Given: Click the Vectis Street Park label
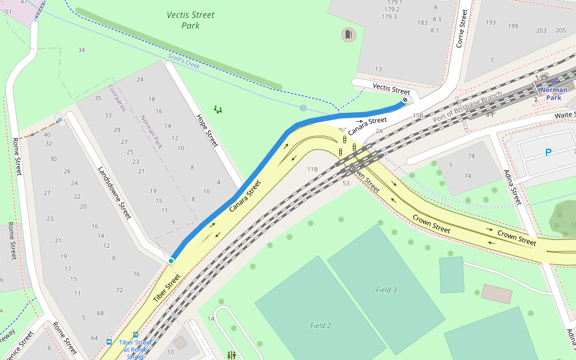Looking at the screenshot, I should coord(190,20).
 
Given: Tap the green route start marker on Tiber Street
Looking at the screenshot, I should coord(171,260).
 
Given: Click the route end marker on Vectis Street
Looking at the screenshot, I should coord(405,100).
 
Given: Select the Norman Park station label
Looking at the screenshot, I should coord(553,94).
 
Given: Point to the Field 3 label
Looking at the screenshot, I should coord(386,290).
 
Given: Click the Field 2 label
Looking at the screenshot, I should coord(320,326).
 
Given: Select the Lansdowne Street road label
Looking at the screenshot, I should coord(114,192).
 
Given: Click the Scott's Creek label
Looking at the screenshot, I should coord(184,61).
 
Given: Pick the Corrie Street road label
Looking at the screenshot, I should coord(461,28).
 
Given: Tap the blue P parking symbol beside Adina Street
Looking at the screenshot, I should coord(548,153).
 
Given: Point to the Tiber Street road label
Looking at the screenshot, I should coord(167,287).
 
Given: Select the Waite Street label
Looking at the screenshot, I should coord(565,115).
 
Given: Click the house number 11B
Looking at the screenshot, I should coord(312,170).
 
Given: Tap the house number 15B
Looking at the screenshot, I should coord(418,115).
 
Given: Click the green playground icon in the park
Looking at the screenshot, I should coord(218,110).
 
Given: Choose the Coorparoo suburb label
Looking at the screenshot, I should coord(116,98).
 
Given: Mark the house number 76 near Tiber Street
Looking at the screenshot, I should coord(136,274).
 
